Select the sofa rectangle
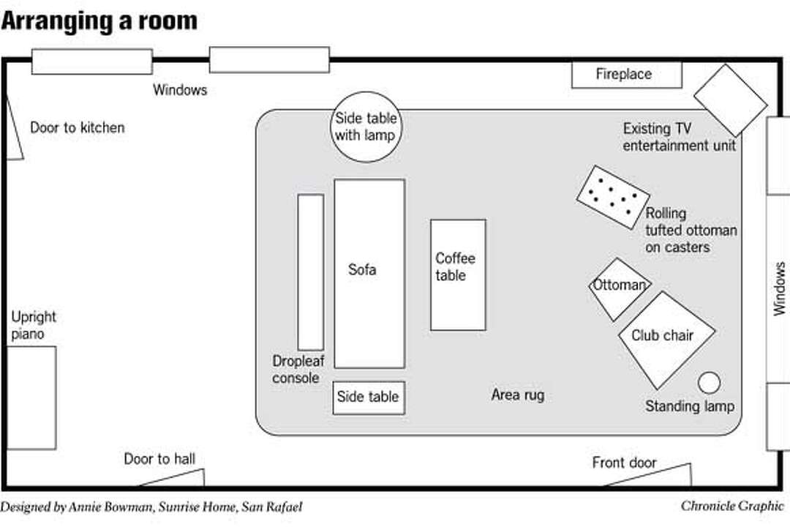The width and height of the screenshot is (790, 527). pyautogui.click(x=369, y=273)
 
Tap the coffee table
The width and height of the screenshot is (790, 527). pyautogui.click(x=458, y=274)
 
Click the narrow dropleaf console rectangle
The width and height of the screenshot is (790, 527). pyautogui.click(x=310, y=272)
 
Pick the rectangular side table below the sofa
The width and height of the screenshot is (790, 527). pyautogui.click(x=369, y=397)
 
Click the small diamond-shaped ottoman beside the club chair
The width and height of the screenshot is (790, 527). pyautogui.click(x=619, y=288)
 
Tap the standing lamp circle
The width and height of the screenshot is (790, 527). pyautogui.click(x=709, y=382)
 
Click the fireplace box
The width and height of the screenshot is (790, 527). pyautogui.click(x=626, y=75)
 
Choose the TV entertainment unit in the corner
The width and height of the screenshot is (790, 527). pyautogui.click(x=730, y=100)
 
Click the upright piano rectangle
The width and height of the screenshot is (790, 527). pyautogui.click(x=31, y=397)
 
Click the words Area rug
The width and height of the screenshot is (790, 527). pyautogui.click(x=517, y=395)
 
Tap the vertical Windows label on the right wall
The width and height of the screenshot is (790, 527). pyautogui.click(x=780, y=288)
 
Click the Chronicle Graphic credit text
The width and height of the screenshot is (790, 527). pyautogui.click(x=731, y=507)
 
